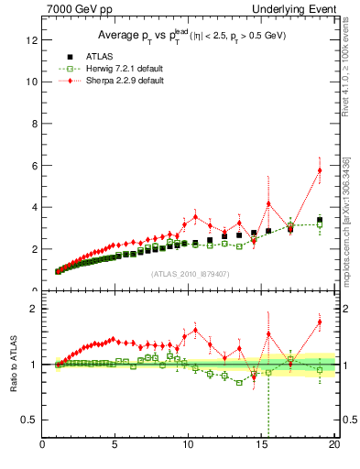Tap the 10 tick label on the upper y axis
33,82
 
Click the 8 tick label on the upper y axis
36,124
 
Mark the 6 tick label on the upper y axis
36,166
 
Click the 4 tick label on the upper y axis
36,207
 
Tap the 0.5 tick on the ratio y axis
31,420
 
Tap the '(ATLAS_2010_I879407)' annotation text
189,274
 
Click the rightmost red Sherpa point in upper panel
320,170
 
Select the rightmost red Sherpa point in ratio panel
320,322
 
